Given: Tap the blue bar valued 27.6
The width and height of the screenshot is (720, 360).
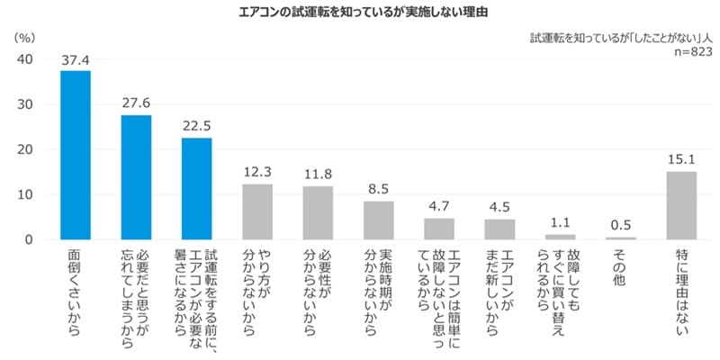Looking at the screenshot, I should pyautogui.click(x=136, y=177).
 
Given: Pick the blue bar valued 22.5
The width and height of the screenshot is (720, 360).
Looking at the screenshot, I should pyautogui.click(x=196, y=188).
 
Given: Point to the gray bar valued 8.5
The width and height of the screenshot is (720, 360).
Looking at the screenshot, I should pyautogui.click(x=378, y=220).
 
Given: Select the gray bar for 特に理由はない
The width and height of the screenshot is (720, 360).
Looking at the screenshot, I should pyautogui.click(x=681, y=205).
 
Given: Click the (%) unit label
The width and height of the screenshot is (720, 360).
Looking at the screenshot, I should pyautogui.click(x=26, y=39).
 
